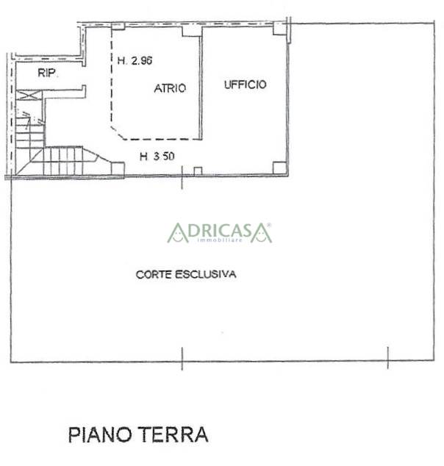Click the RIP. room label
coord(48,73)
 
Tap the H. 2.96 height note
coord(135,60)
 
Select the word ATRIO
coord(170,88)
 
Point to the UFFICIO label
coord(246,85)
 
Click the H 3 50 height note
coord(157,157)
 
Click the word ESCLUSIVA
coord(206,274)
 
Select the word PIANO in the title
coord(100,435)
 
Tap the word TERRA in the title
coord(173,434)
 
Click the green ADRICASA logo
coord(219,233)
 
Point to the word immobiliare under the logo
coord(220,240)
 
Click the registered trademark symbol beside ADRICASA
coord(269,225)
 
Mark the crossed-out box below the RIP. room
coord(29,96)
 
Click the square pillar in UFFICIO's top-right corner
coord(279,29)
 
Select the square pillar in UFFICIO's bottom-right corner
coord(279,168)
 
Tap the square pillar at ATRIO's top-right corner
coord(192,31)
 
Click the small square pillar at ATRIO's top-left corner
coord(118,26)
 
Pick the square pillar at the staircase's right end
coord(118,168)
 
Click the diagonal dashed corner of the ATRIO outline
coord(118,133)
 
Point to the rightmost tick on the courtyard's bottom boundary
coord(388,358)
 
